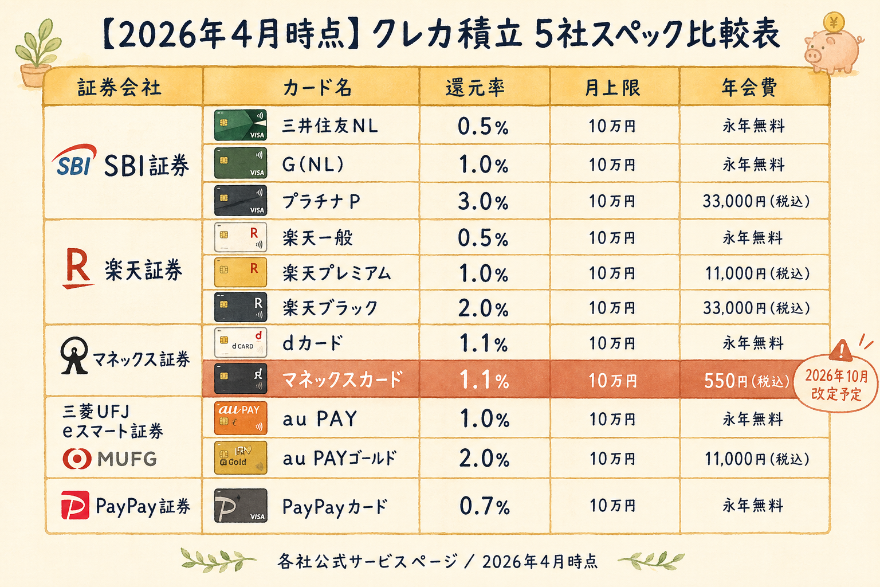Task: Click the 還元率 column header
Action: pos(476,88)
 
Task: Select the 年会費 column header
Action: pos(749,88)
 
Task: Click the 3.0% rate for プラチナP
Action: pos(483,202)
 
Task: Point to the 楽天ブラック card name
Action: pos(330,308)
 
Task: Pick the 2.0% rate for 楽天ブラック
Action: pos(483,308)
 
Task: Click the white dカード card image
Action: pos(241,342)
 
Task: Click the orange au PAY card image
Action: pos(241,418)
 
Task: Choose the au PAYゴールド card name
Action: pos(339,459)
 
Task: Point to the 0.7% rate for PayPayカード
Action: pos(484,506)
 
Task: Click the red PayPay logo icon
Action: pos(75,505)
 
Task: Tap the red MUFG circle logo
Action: pos(77,459)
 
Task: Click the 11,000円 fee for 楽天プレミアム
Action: pos(756,273)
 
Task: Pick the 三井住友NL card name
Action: pos(330,126)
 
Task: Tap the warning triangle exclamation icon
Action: pos(841,349)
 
